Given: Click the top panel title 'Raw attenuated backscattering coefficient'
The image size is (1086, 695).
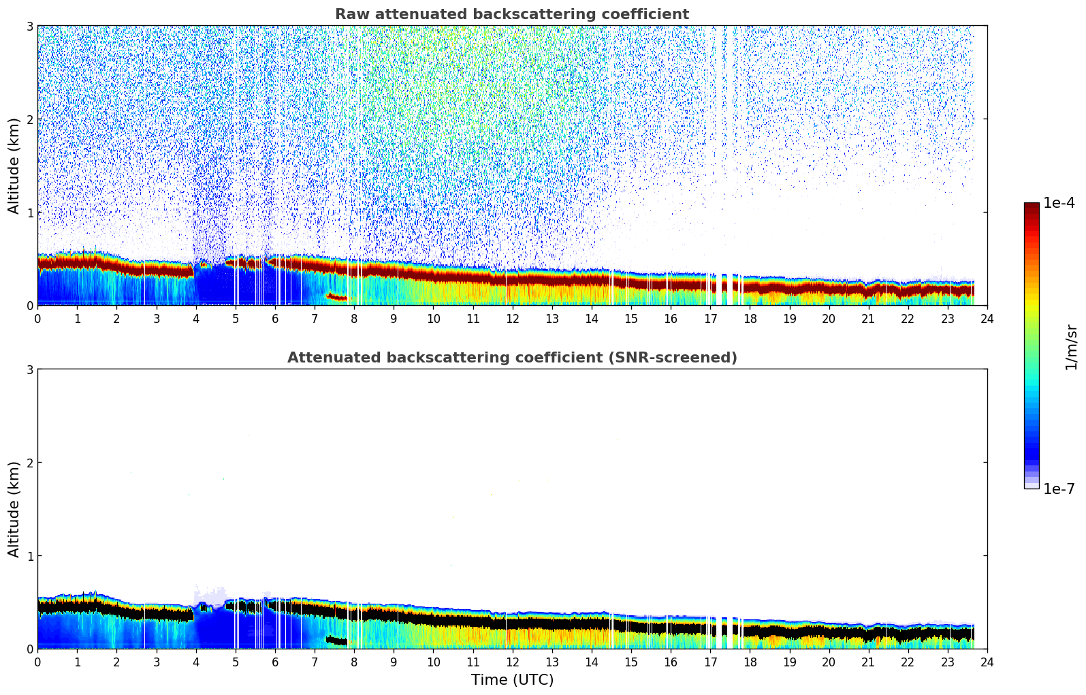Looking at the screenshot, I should point(511,14).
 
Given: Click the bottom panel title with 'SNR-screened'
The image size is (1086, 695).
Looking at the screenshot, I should point(511,358).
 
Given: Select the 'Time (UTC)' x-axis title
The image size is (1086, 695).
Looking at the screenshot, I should point(512,679).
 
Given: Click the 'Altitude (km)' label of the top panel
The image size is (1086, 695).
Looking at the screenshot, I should point(14,166).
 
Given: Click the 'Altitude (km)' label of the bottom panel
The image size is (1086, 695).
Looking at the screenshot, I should point(14,509).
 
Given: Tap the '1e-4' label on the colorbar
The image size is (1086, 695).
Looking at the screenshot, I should point(1059,203).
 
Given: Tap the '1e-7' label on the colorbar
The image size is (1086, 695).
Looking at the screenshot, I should point(1059,489).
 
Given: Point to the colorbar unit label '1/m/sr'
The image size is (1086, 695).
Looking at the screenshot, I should point(1071,347).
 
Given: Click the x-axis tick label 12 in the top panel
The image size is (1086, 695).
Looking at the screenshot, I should point(512,318).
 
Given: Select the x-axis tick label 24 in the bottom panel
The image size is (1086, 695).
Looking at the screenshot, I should point(987,662).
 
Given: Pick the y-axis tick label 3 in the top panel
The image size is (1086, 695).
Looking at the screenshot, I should point(30,26).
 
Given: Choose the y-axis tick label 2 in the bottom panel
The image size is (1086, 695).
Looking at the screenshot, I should point(30,463).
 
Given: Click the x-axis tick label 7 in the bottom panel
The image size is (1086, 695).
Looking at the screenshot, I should point(315,662).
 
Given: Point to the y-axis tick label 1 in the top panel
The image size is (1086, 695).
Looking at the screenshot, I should point(30,213).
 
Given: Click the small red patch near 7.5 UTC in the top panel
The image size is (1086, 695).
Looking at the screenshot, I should point(336,297).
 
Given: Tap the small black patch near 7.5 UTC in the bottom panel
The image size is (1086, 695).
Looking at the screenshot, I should point(336,640).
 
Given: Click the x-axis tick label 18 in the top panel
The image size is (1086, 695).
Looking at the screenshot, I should point(750,318).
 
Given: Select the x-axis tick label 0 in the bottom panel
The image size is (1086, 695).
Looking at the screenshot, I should point(37,662).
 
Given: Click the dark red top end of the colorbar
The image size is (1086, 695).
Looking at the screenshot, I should point(1031,207).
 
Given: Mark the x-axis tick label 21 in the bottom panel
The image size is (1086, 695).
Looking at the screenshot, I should point(868,662).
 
